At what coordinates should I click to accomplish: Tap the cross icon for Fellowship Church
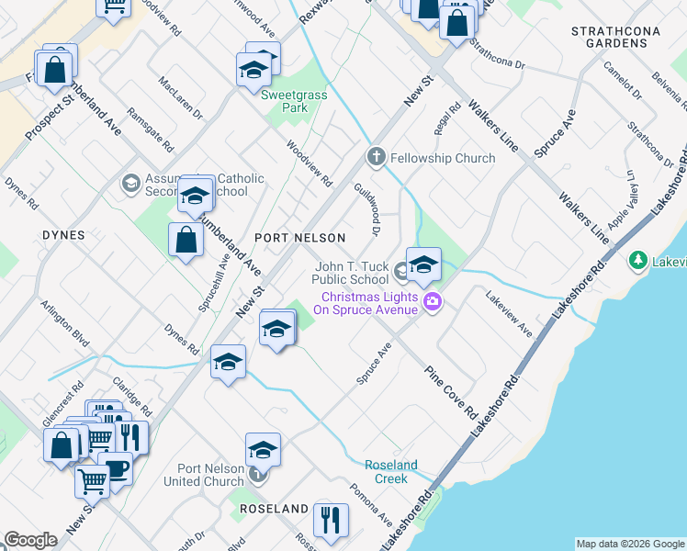coord(375,158)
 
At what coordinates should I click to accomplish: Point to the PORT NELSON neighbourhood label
coord(299,238)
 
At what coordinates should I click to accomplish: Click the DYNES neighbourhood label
coord(63,235)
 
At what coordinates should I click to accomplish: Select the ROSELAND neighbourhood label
coord(274,509)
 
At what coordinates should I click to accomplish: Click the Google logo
coord(30,540)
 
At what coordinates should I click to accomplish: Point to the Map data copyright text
coord(631,544)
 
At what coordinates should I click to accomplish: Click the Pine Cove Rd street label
coord(452,391)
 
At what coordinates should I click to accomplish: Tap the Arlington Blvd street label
coord(63,322)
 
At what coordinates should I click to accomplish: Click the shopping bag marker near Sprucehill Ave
coord(186,241)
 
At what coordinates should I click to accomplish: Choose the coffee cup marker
coord(117,468)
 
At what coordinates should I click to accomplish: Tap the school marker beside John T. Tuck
coord(422,264)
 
